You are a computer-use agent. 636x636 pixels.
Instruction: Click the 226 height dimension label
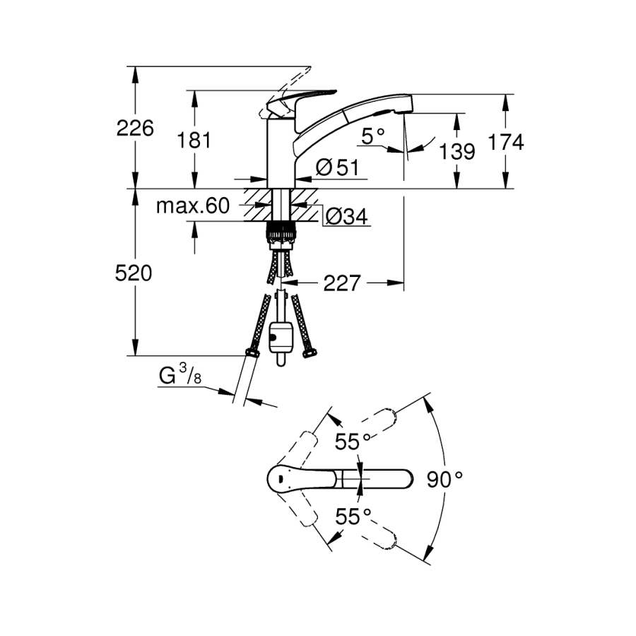[x=135, y=128]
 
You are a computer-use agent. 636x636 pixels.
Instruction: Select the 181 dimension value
[x=194, y=141]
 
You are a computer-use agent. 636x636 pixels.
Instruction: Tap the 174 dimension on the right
[x=506, y=142]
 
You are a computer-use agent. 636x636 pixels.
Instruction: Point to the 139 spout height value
[x=457, y=151]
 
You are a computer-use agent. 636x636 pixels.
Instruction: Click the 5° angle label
[x=372, y=136]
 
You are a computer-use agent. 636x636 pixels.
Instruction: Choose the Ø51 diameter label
[x=338, y=167]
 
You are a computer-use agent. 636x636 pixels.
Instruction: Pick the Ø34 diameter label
[x=347, y=216]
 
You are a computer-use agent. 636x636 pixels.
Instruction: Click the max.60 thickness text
[x=193, y=206]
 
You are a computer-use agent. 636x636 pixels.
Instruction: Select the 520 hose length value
[x=134, y=273]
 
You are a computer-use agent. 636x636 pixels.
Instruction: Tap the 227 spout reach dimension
[x=342, y=283]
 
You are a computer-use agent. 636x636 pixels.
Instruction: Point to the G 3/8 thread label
[x=180, y=375]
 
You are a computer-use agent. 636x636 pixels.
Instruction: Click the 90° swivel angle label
[x=444, y=479]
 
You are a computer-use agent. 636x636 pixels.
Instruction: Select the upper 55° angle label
[x=353, y=441]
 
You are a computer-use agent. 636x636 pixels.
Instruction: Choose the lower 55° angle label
[x=353, y=517]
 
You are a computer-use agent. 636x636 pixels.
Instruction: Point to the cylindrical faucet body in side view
[x=281, y=153]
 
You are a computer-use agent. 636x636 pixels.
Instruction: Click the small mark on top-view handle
[x=279, y=479]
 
